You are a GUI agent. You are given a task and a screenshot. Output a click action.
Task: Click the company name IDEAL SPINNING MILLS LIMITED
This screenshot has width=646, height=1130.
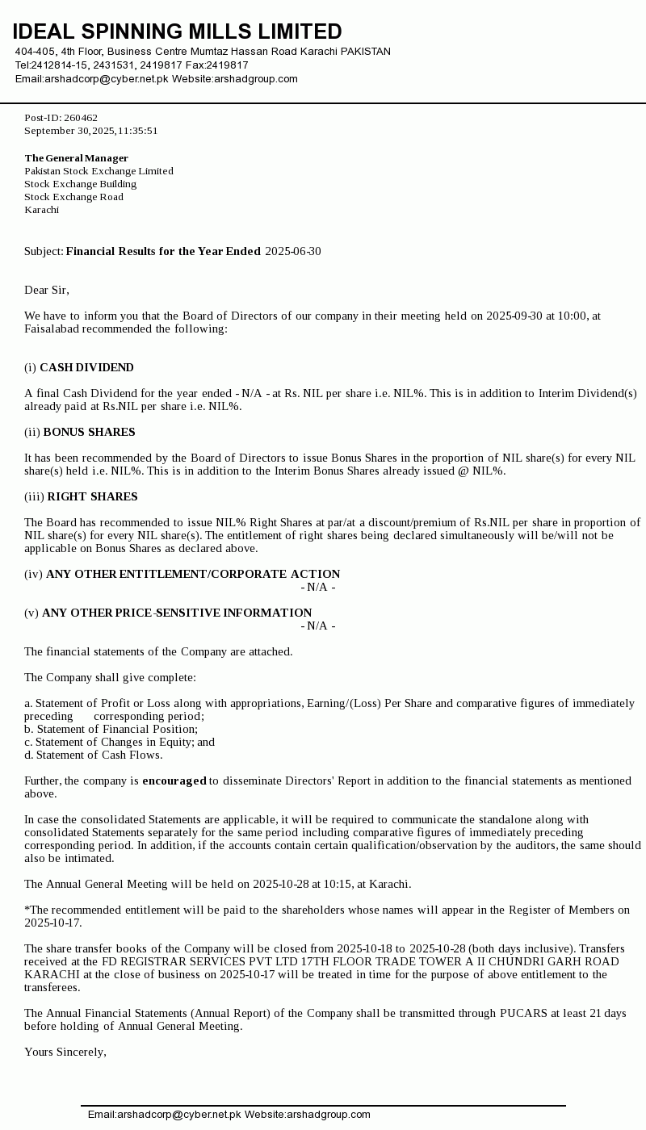point(177,31)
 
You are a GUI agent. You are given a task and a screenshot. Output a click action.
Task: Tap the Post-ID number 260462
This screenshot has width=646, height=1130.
point(81,118)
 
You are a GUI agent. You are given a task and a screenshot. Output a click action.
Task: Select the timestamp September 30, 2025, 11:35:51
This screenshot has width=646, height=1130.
point(90,131)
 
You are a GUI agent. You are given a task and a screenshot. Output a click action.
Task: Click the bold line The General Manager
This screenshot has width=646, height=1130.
point(76,158)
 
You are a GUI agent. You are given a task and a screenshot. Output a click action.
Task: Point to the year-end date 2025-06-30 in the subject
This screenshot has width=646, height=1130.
point(292,251)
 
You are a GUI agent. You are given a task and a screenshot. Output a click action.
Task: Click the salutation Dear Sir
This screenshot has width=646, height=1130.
point(46,290)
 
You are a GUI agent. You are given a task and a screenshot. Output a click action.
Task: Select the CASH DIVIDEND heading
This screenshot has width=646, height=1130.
point(86,367)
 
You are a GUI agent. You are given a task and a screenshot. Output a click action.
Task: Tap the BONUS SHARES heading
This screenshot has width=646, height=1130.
point(89,432)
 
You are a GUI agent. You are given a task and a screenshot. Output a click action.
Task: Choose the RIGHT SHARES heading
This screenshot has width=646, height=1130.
point(92,496)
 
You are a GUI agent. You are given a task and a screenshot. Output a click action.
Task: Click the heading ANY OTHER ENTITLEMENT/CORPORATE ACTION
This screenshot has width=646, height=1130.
point(193,574)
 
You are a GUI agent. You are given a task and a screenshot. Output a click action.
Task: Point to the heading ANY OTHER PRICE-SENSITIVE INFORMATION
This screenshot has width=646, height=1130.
point(177,613)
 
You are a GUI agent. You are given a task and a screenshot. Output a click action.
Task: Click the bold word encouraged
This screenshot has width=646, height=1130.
point(174,781)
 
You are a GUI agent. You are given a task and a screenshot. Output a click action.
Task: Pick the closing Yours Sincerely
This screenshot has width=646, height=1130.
point(65,1052)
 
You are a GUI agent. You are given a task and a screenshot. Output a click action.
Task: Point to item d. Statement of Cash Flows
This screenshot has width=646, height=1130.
point(93,755)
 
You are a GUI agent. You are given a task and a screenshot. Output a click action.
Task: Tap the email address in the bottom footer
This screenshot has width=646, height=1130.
point(164,1115)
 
